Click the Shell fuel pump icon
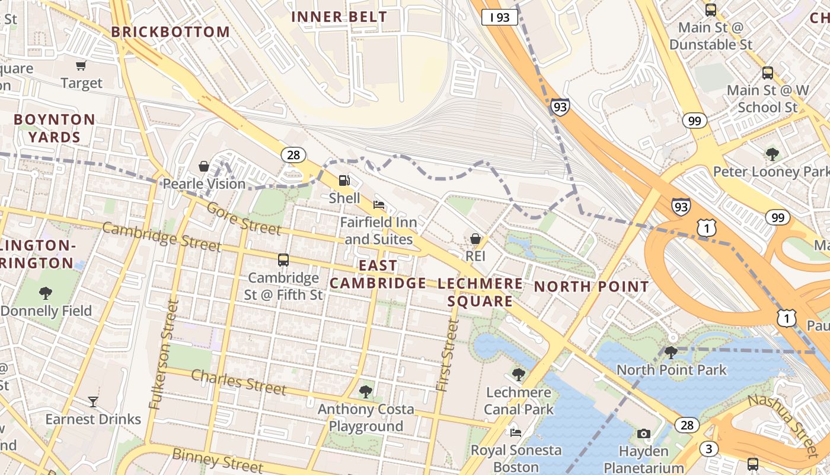click(x=344, y=180)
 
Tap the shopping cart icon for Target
click(x=81, y=65)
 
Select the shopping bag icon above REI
click(x=475, y=239)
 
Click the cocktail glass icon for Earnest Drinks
click(x=93, y=402)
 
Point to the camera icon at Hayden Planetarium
click(x=643, y=434)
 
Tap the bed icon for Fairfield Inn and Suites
click(x=379, y=205)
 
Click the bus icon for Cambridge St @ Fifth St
click(x=283, y=260)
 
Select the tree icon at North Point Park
click(x=671, y=353)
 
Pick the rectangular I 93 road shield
click(x=499, y=17)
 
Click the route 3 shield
click(x=708, y=448)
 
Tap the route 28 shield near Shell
click(x=293, y=155)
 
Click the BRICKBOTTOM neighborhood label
click(x=171, y=32)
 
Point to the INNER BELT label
click(x=339, y=17)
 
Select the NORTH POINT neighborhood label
click(x=592, y=287)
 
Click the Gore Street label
click(x=244, y=218)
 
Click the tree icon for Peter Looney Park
click(x=772, y=154)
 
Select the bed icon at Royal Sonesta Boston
click(x=516, y=432)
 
